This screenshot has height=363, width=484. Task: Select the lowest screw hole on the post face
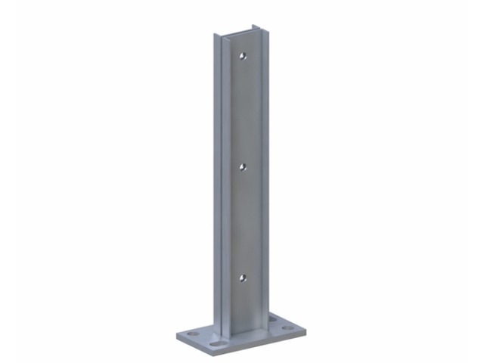pos(242,277)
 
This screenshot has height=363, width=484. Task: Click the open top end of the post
pos(234,34)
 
